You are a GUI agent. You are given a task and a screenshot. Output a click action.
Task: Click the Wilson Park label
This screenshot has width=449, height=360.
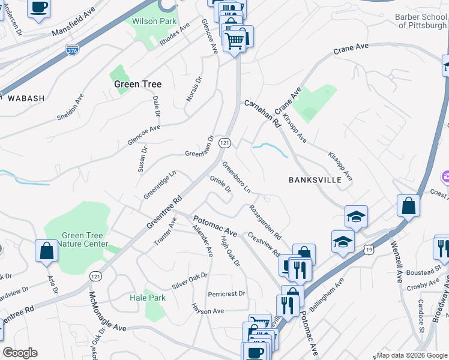154,21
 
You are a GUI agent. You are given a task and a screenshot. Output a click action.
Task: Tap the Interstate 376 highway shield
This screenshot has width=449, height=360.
73,51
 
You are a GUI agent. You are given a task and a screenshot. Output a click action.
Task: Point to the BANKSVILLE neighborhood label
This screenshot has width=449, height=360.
315,179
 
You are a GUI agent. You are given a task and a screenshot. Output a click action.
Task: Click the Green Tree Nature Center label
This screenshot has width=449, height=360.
85,239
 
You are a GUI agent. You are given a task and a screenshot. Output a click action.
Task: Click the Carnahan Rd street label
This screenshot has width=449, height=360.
263,113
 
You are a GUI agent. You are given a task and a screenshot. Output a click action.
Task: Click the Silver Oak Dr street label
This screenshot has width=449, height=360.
189,280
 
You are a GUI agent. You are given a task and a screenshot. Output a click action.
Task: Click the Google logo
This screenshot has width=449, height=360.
20,353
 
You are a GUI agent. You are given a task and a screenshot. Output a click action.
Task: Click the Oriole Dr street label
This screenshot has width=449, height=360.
221,185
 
